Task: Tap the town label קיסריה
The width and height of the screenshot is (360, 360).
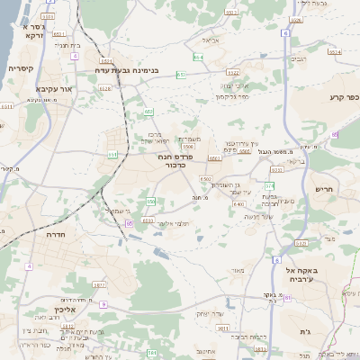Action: click(22, 68)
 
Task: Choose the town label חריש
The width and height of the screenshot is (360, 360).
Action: click(324, 189)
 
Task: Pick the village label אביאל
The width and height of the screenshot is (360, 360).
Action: click(211, 40)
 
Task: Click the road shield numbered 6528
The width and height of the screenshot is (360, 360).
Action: click(105, 88)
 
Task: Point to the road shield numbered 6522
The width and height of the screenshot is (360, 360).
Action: click(232, 71)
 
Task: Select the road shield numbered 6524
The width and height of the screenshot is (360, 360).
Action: click(335, 52)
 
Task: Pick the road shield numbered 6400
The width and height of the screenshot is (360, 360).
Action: click(238, 204)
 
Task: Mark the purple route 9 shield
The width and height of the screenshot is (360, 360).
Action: click(103, 304)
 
